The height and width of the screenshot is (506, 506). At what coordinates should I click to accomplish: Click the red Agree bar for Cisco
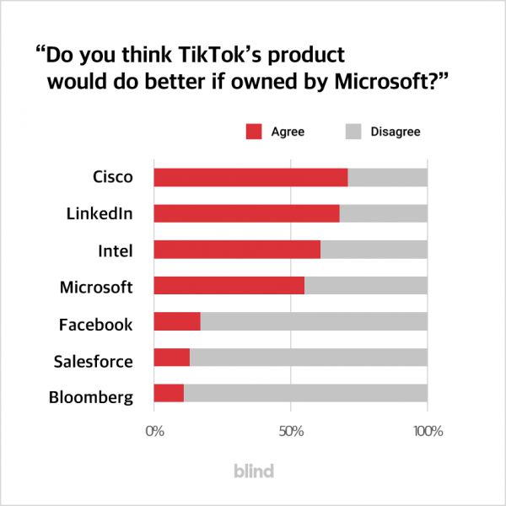pyautogui.click(x=250, y=177)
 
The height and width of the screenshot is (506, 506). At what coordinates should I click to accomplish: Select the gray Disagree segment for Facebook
pyautogui.click(x=314, y=322)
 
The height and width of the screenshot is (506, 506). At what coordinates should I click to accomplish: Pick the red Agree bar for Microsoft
pyautogui.click(x=229, y=286)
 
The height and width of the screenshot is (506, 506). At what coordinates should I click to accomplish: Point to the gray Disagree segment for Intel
pyautogui.click(x=374, y=250)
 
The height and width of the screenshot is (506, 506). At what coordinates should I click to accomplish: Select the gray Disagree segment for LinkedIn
pyautogui.click(x=383, y=213)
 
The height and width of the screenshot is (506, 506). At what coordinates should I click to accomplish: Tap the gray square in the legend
pyautogui.click(x=353, y=132)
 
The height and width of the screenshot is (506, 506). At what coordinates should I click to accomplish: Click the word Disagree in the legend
pyautogui.click(x=396, y=132)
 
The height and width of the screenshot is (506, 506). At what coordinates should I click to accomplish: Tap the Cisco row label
pyautogui.click(x=112, y=177)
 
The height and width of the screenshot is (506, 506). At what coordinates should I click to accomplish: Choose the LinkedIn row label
pyautogui.click(x=100, y=213)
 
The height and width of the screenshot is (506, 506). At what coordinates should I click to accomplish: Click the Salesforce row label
pyautogui.click(x=93, y=361)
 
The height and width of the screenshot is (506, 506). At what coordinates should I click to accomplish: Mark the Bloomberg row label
pyautogui.click(x=91, y=397)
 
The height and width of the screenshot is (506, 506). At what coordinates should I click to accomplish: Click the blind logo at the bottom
pyautogui.click(x=253, y=471)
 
